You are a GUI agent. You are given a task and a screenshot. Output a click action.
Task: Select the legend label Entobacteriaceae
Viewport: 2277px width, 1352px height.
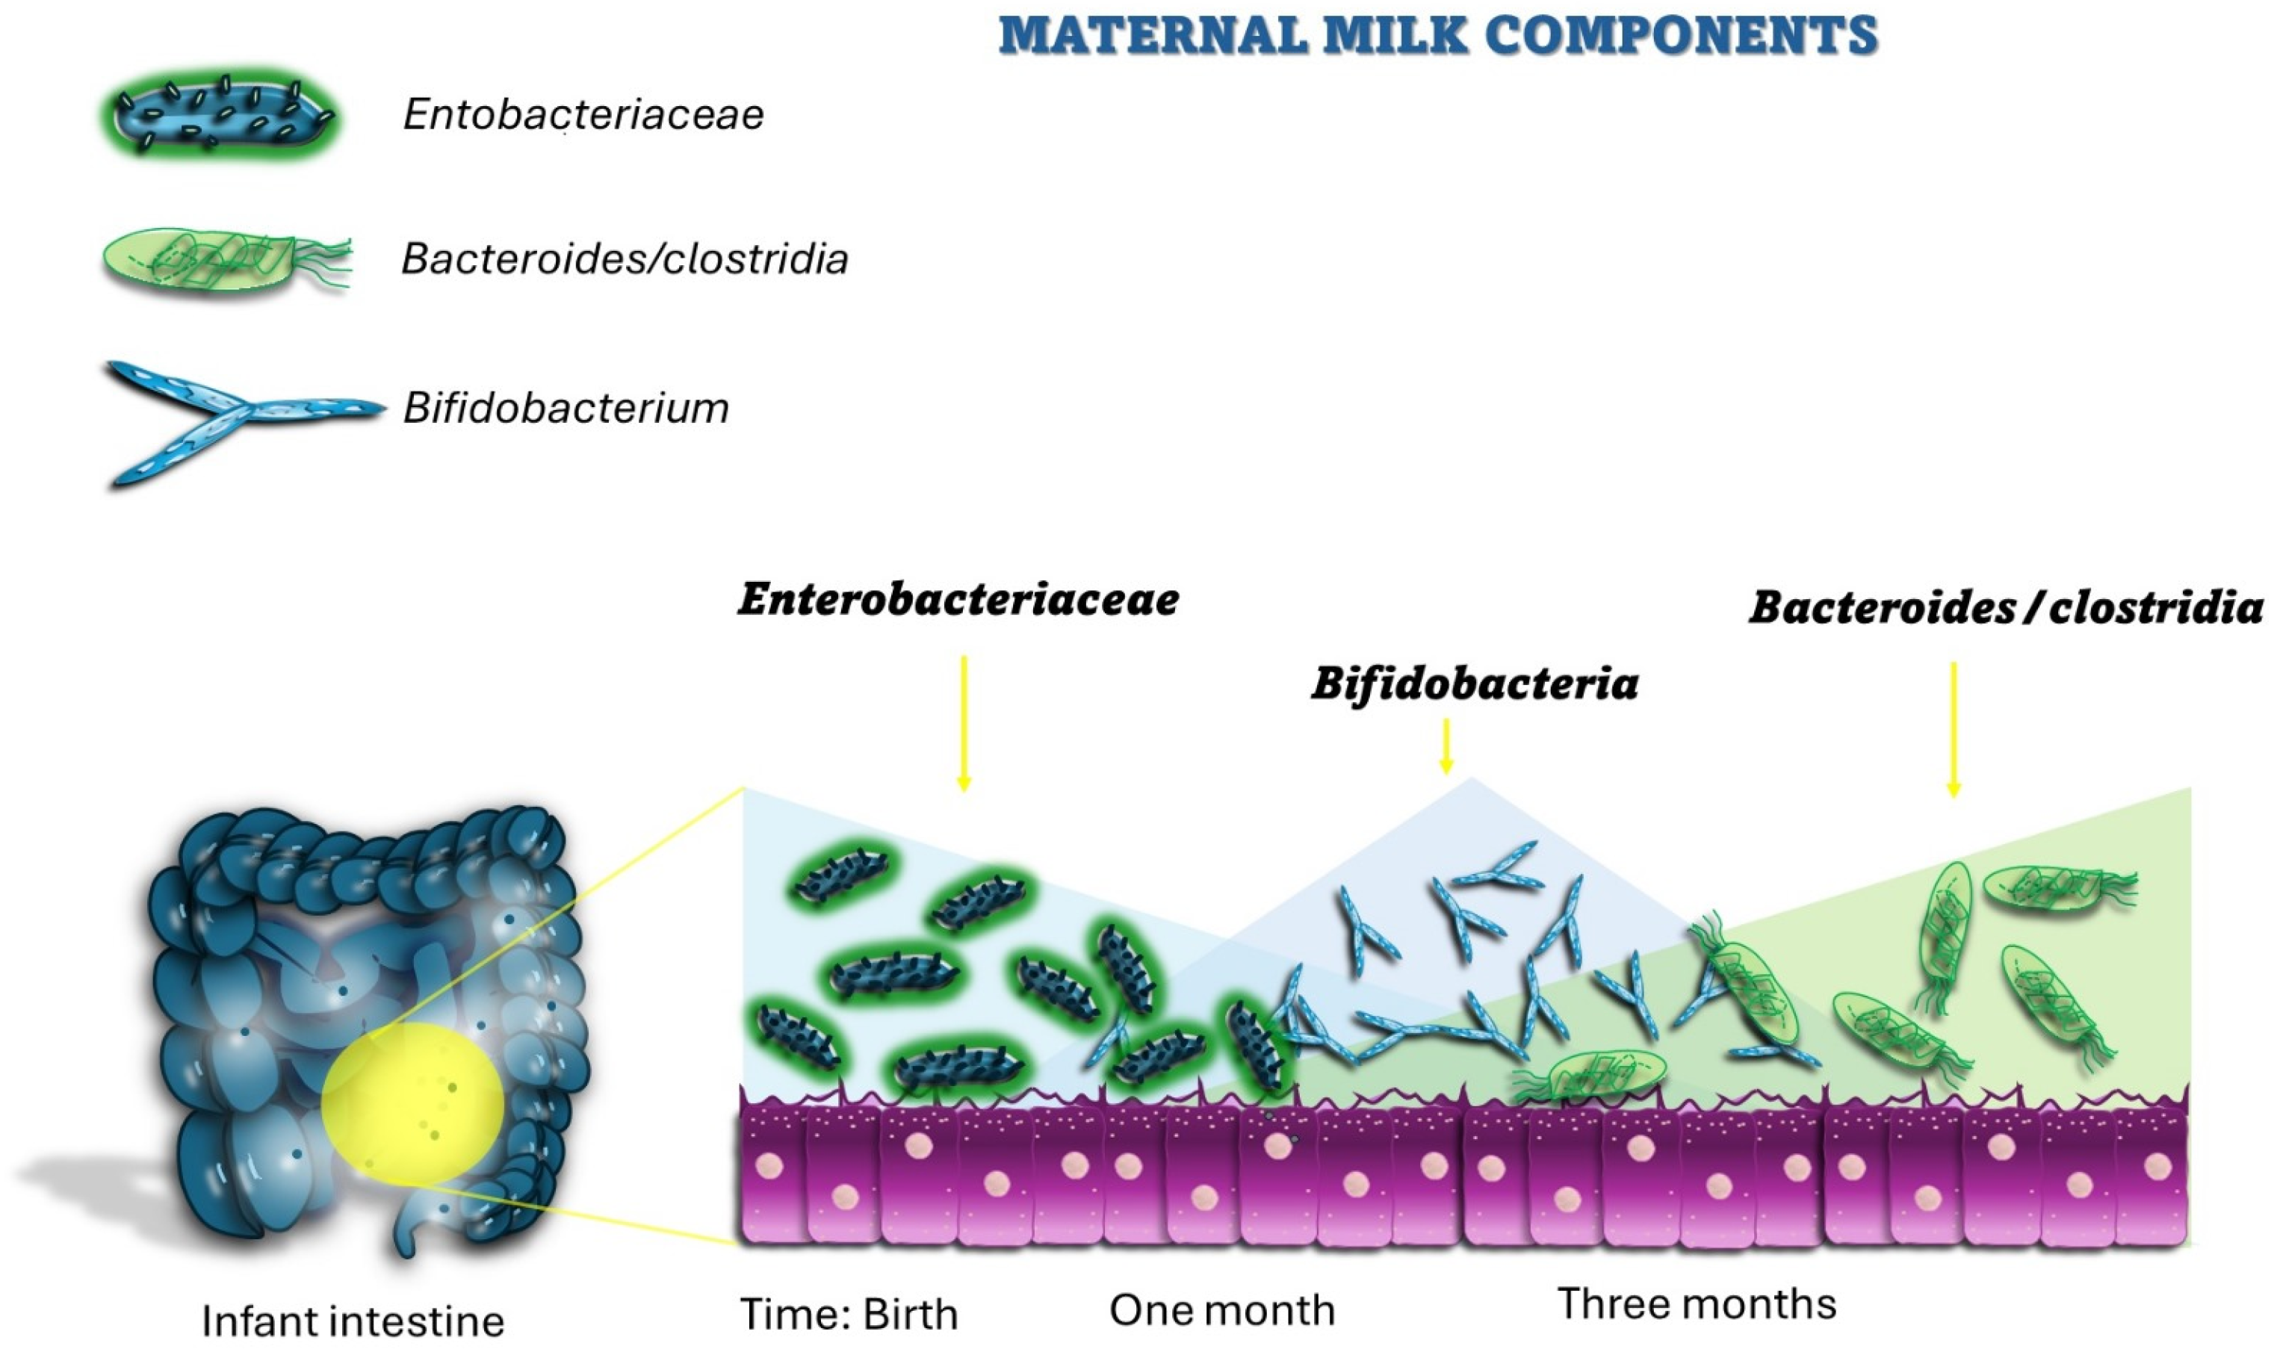583,115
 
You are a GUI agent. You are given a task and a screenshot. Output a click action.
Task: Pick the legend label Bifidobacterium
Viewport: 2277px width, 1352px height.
566,408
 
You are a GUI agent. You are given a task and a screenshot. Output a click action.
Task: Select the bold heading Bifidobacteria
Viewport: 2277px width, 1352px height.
1474,683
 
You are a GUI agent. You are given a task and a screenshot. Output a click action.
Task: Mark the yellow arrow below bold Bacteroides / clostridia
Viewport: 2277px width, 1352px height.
1953,729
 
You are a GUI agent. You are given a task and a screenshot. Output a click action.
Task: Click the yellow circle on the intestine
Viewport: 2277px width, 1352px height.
413,1105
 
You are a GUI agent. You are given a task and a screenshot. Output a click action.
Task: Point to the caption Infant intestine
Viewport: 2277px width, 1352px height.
353,1320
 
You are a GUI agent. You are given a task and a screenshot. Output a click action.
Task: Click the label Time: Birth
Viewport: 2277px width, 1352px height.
849,1314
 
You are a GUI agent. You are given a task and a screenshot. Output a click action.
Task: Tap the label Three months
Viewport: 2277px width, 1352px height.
1697,1303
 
